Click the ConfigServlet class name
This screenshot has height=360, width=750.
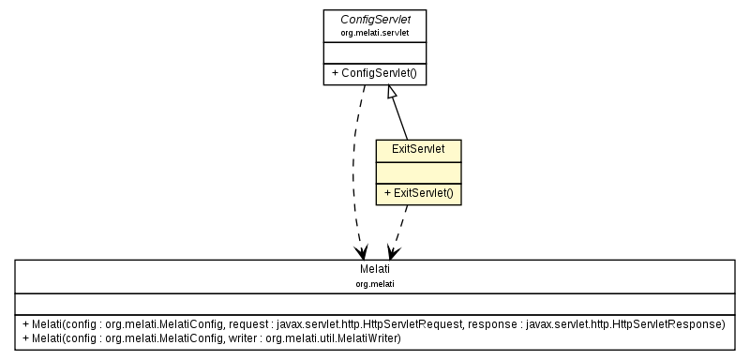375,19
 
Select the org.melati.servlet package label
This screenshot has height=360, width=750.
375,32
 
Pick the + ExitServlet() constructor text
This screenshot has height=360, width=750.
418,193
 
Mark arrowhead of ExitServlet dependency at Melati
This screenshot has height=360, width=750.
394,253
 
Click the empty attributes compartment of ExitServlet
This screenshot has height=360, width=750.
418,172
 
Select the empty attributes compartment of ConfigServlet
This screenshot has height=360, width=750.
375,52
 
